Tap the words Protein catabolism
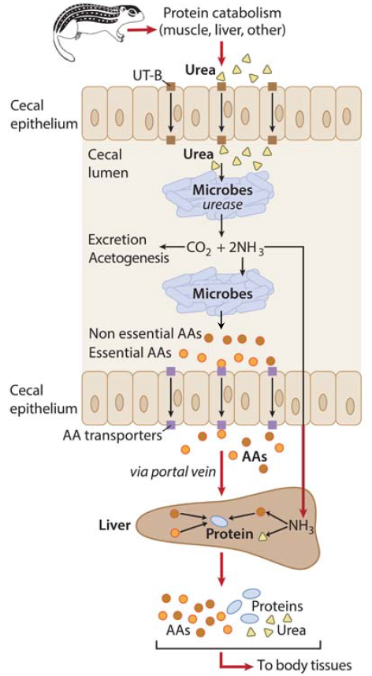tap(222, 13)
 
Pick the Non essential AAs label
tap(145, 334)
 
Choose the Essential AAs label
tap(131, 353)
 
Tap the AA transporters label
tap(112, 436)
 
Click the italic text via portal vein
tap(173, 472)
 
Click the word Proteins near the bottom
tap(277, 606)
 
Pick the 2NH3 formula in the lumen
tap(247, 248)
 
